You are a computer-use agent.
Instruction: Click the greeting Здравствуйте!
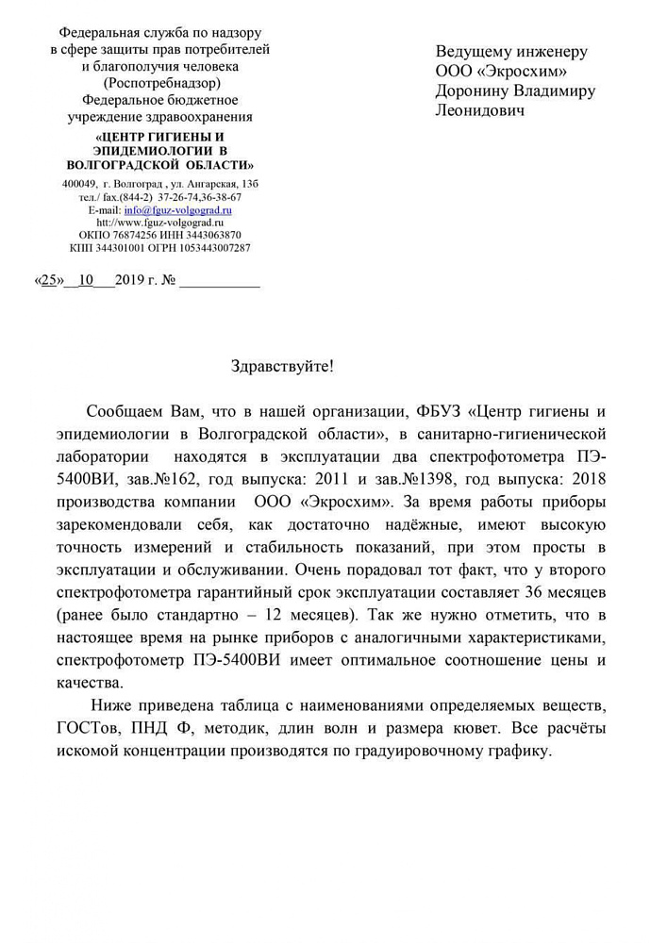(282, 366)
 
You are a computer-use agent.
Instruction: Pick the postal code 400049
(79, 183)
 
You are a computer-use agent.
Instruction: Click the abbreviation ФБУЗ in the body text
(441, 412)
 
